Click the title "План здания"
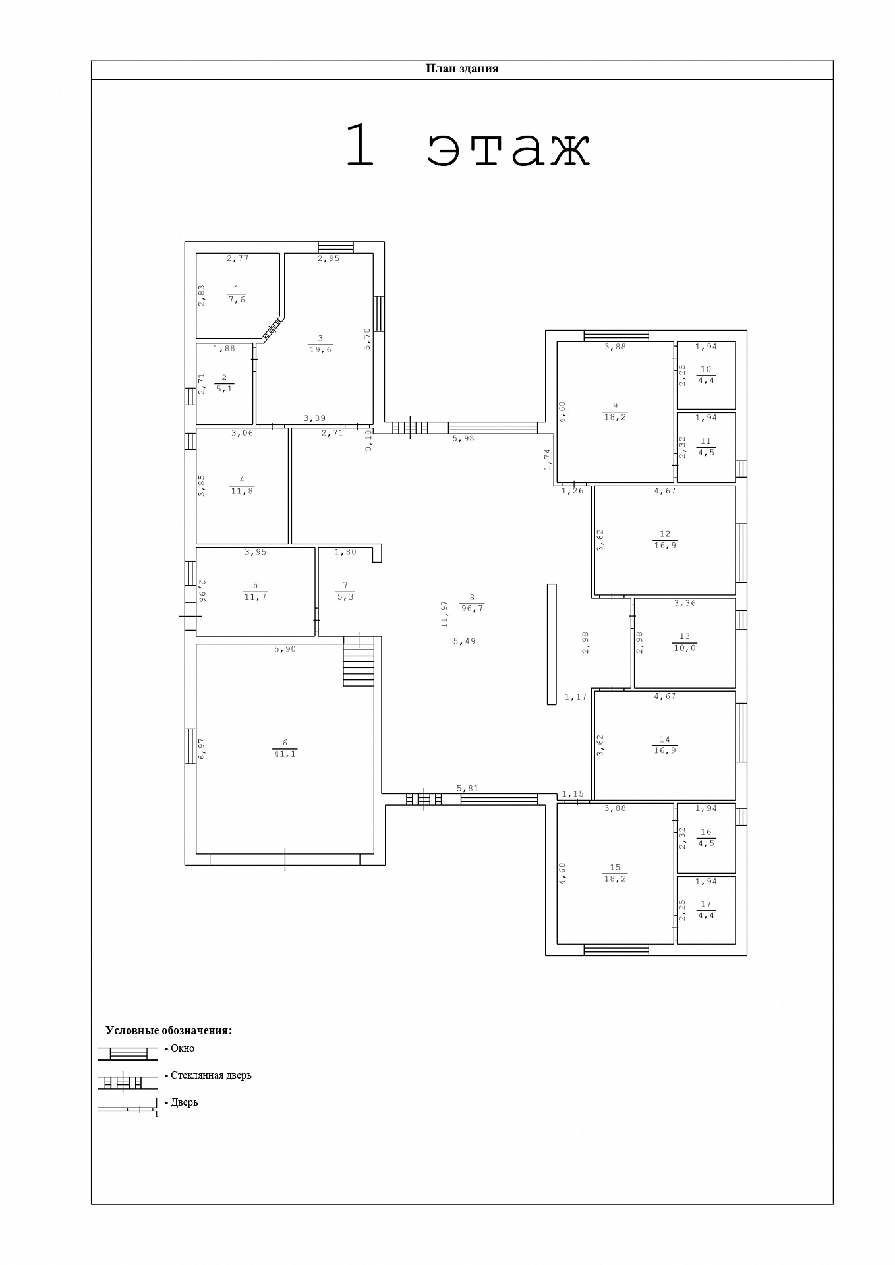coord(462,69)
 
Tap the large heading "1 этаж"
coord(468,145)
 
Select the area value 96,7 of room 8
coord(472,609)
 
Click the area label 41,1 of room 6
coord(285,754)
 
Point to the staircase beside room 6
coord(359,661)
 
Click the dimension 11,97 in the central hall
coord(445,613)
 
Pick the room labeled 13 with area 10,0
coord(685,642)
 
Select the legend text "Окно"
coord(183,1048)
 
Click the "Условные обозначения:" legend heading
coord(169,1030)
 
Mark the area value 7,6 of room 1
coord(237,300)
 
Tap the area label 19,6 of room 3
coord(320,350)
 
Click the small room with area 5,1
coord(224,383)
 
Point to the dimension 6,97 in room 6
coord(202,748)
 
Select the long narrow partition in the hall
coord(552,644)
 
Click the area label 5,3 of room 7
coord(345,597)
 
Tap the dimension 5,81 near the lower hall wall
coord(467,789)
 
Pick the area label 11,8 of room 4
coord(242,491)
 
